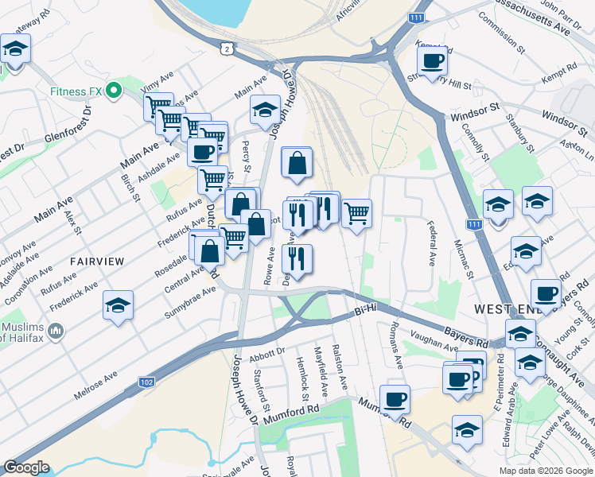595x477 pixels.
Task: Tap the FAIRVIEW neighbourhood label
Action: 97,261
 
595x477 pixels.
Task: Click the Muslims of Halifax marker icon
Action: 56,329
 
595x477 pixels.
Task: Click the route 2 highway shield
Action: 228,49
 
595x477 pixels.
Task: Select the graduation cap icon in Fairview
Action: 118,305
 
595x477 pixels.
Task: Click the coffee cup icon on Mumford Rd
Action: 395,398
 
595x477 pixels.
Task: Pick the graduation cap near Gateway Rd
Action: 14,49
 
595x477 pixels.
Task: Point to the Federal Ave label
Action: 431,243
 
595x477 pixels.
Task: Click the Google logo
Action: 26,467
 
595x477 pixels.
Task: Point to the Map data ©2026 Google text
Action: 546,471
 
